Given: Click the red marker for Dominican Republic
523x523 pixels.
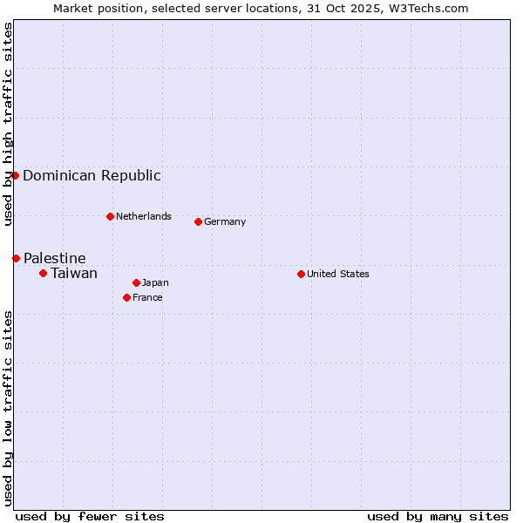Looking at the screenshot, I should [16, 175].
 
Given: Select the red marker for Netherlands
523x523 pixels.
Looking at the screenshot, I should [110, 216].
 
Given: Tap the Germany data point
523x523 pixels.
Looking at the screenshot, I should [198, 221].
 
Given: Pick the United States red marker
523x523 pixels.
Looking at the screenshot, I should [301, 274].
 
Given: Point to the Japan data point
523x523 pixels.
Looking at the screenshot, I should [136, 282].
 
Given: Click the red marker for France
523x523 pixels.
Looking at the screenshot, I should [126, 297].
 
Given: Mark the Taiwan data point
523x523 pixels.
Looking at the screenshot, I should [43, 273].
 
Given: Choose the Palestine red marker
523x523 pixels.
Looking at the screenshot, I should [16, 258].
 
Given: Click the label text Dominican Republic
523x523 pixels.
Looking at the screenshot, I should [92, 175].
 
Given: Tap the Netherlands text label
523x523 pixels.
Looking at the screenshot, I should [144, 216].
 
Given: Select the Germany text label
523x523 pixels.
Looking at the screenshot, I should [225, 221].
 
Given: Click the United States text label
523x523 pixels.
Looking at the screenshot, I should [338, 274].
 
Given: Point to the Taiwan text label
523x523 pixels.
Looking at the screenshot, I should [74, 273].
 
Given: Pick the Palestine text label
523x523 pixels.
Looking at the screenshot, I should [55, 258].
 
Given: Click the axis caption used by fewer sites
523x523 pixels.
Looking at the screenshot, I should [90, 516].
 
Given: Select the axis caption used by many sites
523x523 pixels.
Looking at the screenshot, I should [438, 516].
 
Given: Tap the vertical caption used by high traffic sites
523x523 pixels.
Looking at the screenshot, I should [8, 124].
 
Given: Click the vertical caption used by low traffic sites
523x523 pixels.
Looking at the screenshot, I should [8, 408].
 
